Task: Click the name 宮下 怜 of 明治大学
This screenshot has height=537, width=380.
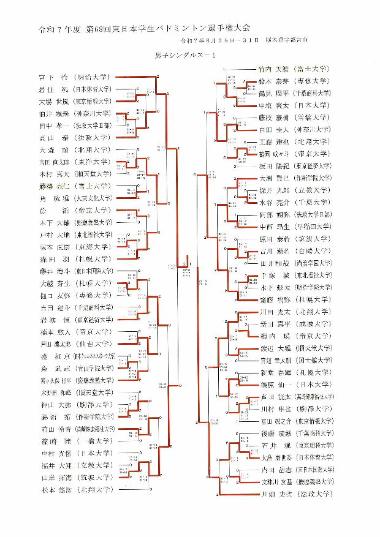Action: [53, 77]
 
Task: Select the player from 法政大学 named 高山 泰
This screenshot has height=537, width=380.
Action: [53, 138]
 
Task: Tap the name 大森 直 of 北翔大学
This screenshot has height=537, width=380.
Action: [53, 150]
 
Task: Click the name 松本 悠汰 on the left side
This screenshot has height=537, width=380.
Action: [53, 490]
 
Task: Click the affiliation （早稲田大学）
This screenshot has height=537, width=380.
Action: [313, 227]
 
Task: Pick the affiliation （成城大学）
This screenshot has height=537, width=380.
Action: [313, 323]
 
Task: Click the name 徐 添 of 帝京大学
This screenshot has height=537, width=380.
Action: [53, 210]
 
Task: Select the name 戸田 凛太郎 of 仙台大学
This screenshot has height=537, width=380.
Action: [53, 344]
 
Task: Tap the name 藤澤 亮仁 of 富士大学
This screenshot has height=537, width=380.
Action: [53, 186]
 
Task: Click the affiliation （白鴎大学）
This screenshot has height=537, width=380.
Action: [313, 251]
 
